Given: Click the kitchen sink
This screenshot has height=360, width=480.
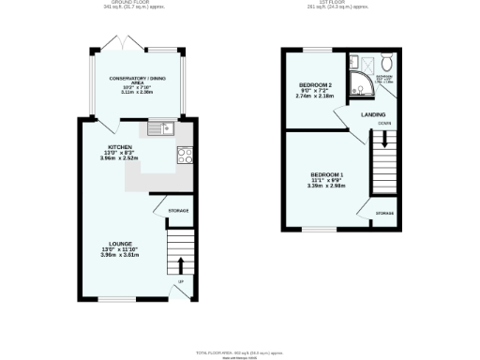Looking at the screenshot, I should tap(165, 127).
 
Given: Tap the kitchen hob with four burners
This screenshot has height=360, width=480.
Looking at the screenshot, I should tap(185, 156).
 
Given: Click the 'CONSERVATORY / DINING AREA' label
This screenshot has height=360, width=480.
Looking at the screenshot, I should tap(131, 81).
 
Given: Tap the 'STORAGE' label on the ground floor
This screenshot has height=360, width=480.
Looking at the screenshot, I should tap(178, 210).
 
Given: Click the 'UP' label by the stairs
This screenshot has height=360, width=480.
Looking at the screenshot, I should tap(179, 280).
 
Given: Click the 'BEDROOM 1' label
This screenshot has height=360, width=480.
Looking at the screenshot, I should tap(327, 175).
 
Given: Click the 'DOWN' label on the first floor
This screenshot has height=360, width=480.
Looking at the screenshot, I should tap(384, 124).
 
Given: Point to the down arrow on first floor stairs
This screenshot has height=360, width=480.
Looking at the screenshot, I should tap(382, 142).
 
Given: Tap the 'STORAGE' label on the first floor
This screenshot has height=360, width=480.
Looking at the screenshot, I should tap(384, 213).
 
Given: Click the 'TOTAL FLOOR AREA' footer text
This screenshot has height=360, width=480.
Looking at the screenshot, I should tap(239, 351).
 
